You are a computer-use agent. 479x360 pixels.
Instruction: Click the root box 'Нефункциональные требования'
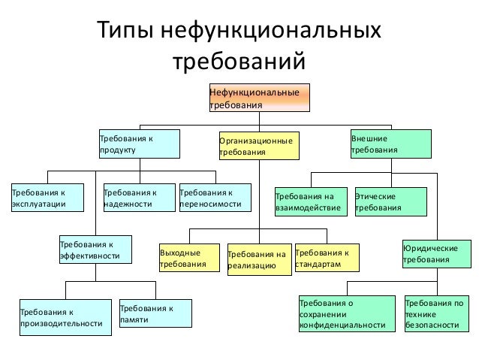click(x=258, y=98)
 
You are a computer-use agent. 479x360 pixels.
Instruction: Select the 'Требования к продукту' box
click(x=140, y=144)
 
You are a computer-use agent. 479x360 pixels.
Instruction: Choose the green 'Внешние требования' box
click(x=390, y=144)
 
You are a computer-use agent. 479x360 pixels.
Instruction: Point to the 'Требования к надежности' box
click(x=136, y=198)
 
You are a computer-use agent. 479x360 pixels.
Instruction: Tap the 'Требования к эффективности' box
click(x=95, y=250)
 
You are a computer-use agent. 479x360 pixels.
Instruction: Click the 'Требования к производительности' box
click(x=63, y=316)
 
